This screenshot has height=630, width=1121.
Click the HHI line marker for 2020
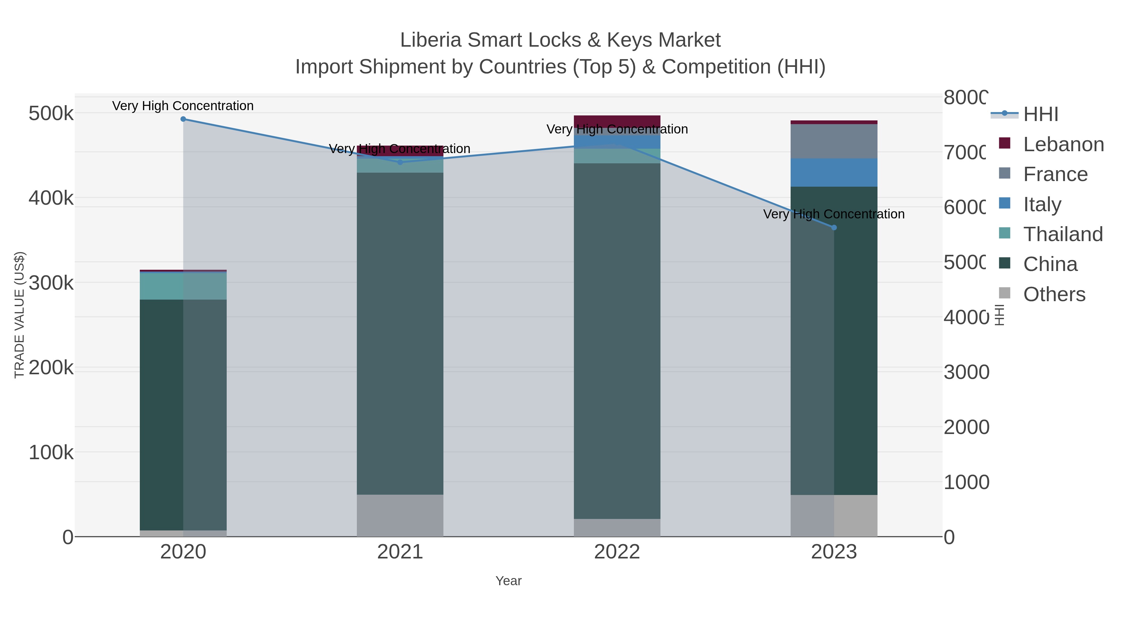point(183,119)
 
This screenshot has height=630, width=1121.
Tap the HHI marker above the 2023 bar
point(834,227)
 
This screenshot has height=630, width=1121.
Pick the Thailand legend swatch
point(1004,233)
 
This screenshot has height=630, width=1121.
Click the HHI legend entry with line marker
point(1040,114)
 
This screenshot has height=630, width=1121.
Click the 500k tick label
point(51,114)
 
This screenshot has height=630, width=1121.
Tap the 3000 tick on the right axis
point(966,372)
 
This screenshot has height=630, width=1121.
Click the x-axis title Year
point(508,581)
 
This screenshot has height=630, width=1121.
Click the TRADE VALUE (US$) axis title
point(20,315)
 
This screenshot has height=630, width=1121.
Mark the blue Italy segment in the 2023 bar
point(834,173)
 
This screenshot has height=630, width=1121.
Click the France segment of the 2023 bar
point(834,141)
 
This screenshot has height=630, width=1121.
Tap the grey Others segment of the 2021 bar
point(400,515)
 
